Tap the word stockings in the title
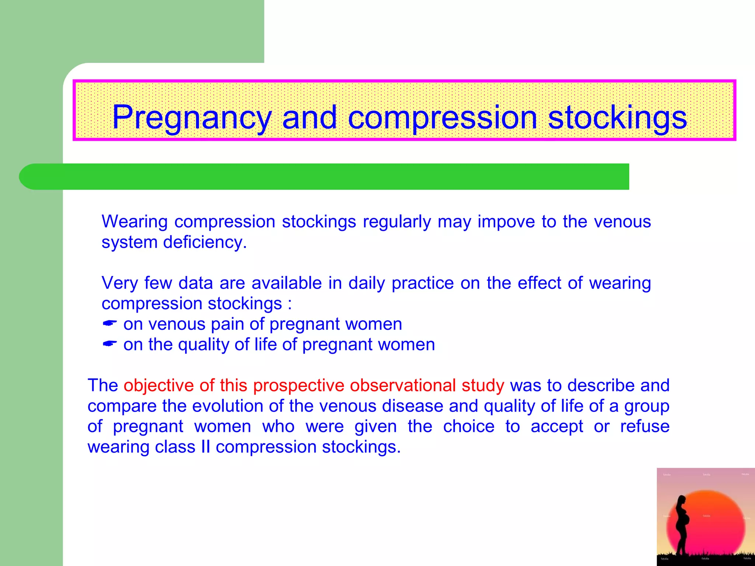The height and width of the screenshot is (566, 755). [x=617, y=117]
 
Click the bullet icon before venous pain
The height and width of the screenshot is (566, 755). [x=109, y=324]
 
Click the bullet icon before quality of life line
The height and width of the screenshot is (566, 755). [x=109, y=344]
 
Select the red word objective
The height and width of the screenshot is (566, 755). [x=159, y=385]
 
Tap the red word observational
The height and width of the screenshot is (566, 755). [x=403, y=385]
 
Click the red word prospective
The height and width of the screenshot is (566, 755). [x=298, y=385]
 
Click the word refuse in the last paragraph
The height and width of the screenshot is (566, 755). [x=644, y=426]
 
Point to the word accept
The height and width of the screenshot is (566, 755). [x=557, y=426]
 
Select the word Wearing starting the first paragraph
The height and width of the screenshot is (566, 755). [x=135, y=222]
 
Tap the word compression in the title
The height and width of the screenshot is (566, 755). [x=442, y=117]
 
